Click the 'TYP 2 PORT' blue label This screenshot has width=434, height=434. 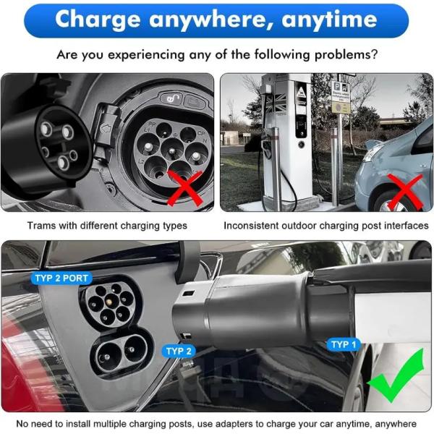(61, 278)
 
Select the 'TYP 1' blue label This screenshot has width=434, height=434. (344, 344)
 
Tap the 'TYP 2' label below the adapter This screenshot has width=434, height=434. (179, 352)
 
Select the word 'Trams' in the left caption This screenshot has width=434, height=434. (42, 226)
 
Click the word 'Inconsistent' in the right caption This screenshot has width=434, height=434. (253, 226)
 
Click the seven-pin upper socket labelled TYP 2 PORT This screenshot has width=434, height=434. (109, 303)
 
